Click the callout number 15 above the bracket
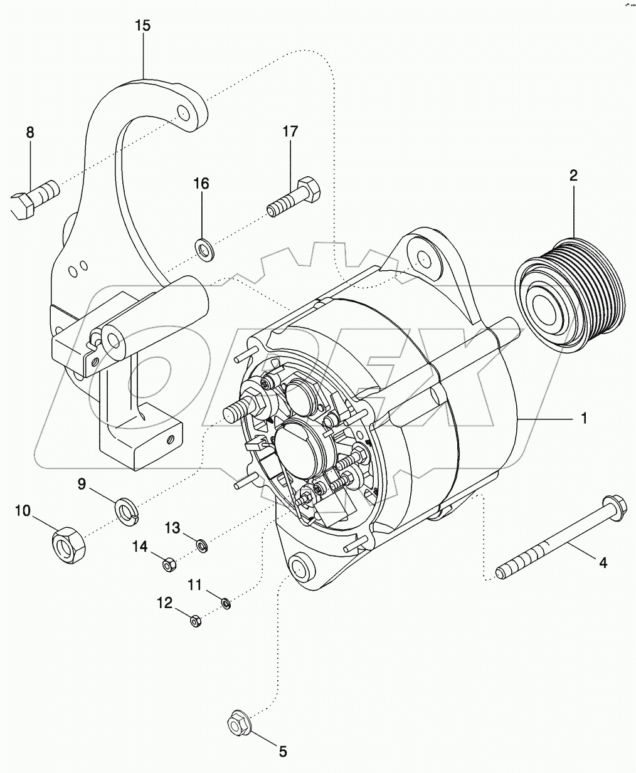(143, 26)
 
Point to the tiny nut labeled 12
(194, 621)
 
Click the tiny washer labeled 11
(226, 604)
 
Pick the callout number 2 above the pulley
(573, 176)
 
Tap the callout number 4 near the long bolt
(602, 562)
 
